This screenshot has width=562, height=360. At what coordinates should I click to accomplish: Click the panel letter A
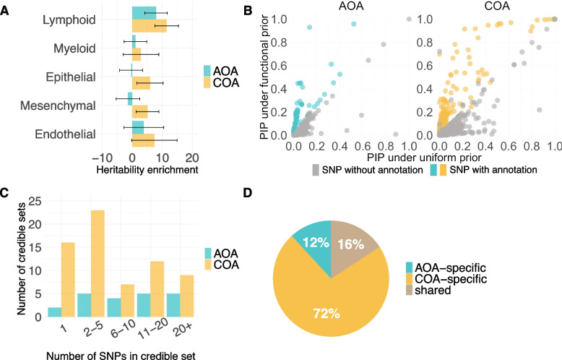(6, 8)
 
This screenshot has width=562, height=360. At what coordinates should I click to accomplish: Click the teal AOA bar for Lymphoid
(144, 12)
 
